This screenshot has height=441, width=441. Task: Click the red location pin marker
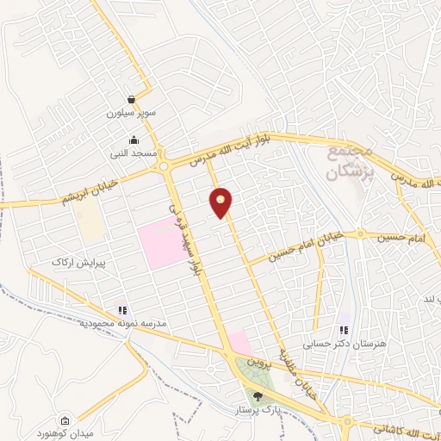(x=221, y=202)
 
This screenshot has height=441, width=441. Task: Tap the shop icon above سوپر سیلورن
(x=131, y=99)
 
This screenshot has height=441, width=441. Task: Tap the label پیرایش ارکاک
(x=78, y=261)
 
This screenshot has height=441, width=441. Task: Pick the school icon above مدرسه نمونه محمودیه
(x=121, y=310)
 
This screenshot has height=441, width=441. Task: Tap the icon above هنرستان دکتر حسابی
(x=344, y=329)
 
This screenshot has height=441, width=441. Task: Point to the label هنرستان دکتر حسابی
(x=344, y=343)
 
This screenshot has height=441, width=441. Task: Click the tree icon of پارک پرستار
(x=257, y=396)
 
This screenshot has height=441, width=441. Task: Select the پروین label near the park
(x=259, y=364)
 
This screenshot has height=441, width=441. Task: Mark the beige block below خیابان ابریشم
(x=89, y=222)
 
